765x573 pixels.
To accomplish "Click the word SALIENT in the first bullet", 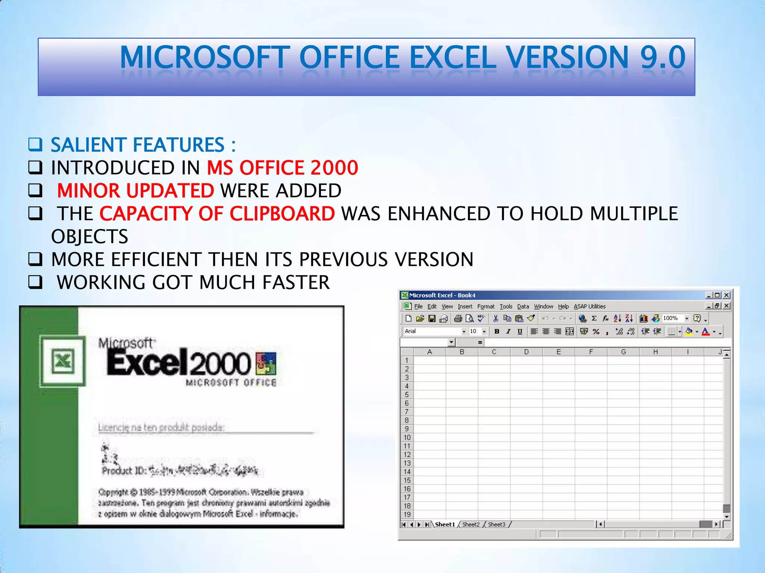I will [88, 145].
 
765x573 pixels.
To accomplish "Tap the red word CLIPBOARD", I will [282, 214].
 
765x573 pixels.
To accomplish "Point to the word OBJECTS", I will [90, 237].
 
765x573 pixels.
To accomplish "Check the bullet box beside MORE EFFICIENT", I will [35, 259].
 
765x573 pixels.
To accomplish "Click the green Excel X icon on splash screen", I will [63, 361].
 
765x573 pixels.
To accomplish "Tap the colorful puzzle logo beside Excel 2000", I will [266, 363].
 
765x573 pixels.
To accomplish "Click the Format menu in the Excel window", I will [486, 307].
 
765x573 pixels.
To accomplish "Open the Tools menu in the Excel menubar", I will [506, 307].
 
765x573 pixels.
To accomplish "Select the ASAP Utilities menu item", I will [589, 307].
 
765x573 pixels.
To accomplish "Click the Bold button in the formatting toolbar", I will [497, 331].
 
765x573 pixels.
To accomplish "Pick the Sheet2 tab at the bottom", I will [471, 525].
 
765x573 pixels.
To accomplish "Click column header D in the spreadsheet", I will [526, 352].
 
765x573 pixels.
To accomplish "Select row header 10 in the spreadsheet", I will [407, 438].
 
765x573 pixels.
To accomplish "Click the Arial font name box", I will [433, 331].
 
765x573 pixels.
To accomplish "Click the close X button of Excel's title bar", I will [727, 295].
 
